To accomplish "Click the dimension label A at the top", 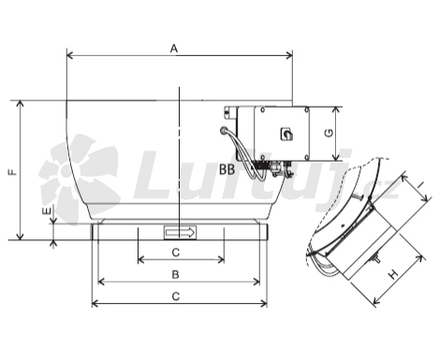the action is (x=174, y=49).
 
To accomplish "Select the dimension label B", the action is (x=176, y=275).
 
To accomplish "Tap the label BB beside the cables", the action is (x=227, y=170).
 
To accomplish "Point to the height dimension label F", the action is (x=13, y=172).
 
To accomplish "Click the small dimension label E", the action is (x=46, y=211).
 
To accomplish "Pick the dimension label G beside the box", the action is (x=329, y=133).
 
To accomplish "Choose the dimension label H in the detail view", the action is (x=393, y=274).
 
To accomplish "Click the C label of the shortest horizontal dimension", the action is (x=176, y=252).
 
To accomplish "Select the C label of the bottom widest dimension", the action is (x=176, y=296).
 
